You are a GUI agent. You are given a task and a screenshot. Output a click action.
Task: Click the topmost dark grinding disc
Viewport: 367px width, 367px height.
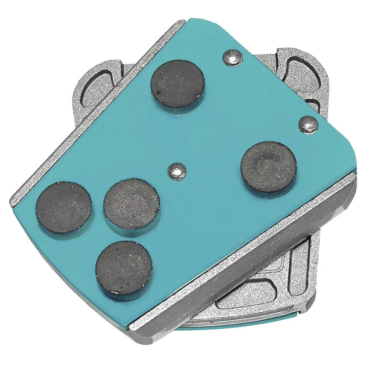(177, 83)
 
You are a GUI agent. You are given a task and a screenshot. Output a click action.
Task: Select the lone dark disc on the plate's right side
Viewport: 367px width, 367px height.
(269, 167)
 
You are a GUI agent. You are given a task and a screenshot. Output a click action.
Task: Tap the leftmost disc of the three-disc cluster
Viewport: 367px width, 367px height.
(63, 207)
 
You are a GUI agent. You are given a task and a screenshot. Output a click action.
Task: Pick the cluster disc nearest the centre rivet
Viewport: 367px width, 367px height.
(131, 204)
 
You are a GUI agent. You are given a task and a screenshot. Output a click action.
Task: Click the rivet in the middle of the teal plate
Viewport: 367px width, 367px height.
(177, 171)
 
